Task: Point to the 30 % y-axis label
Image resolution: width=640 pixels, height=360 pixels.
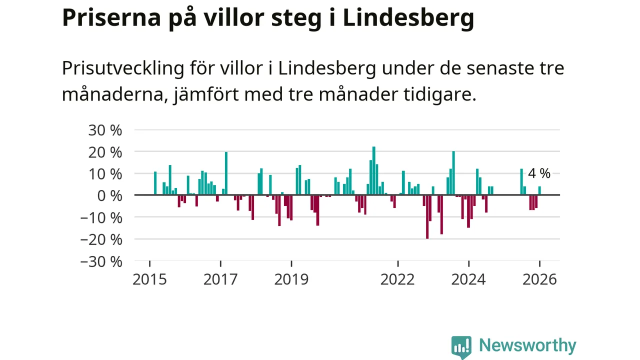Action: tap(105, 130)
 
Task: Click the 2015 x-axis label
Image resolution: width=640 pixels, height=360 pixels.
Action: tap(149, 279)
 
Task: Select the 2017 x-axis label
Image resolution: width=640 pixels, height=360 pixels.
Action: tap(220, 279)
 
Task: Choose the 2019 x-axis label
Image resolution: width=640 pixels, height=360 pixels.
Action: tap(291, 279)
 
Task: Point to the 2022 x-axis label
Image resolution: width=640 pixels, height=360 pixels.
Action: tap(397, 279)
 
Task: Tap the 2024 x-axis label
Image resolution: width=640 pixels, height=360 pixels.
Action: tap(468, 279)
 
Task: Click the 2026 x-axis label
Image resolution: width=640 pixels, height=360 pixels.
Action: tap(539, 279)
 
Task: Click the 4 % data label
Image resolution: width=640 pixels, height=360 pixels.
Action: tap(539, 173)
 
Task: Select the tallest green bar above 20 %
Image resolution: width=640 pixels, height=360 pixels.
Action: tap(374, 170)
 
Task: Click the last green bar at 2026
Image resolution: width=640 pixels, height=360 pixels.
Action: tap(539, 190)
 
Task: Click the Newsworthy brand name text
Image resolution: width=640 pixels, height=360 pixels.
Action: tap(527, 345)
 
